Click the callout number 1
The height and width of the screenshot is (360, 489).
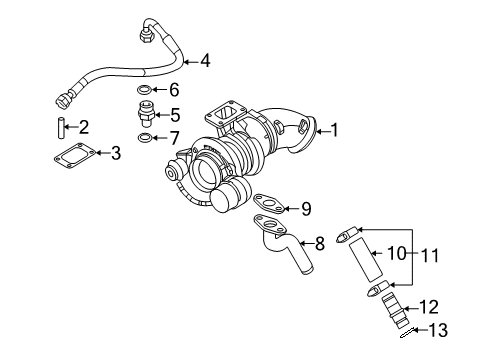point(335,129)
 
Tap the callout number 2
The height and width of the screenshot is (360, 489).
point(83,127)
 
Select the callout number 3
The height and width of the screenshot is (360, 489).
point(115,153)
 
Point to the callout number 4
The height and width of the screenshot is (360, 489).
point(204,61)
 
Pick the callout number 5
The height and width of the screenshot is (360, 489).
point(174,114)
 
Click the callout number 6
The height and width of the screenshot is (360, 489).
point(174,91)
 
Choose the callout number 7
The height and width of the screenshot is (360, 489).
point(174,136)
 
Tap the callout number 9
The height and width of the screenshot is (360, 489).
point(306,209)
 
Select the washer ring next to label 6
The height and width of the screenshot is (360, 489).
point(146,91)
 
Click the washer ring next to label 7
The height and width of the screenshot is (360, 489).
point(146,136)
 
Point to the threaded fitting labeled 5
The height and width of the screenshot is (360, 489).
point(146,112)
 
